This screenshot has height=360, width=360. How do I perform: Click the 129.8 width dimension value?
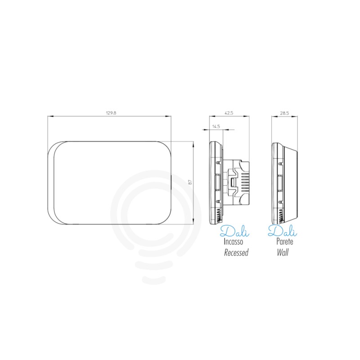point(111,113)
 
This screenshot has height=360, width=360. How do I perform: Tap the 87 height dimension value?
point(190,182)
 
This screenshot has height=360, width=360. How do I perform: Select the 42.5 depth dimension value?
point(229,113)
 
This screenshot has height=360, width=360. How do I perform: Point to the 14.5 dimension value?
point(216,126)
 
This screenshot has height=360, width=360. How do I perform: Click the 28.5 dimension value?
point(284,113)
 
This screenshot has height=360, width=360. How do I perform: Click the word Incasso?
point(233,242)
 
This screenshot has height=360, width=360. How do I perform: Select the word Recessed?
point(236,252)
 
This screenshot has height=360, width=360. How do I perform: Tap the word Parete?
point(285,242)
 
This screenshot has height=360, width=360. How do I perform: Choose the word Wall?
point(283,252)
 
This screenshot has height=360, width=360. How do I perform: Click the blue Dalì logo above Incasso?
point(234,231)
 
